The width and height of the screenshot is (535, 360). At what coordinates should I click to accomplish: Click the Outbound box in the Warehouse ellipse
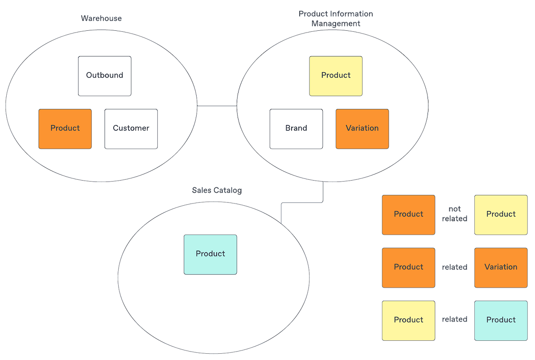pyautogui.click(x=105, y=76)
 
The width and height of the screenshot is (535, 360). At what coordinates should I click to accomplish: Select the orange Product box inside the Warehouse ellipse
pyautogui.click(x=65, y=128)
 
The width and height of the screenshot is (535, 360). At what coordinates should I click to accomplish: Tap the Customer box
pyautogui.click(x=131, y=128)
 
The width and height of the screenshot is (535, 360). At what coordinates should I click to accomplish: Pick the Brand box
pyautogui.click(x=296, y=128)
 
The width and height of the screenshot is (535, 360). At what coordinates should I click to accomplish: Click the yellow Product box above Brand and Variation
pyautogui.click(x=336, y=76)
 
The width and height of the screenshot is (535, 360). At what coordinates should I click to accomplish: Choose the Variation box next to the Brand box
pyautogui.click(x=362, y=128)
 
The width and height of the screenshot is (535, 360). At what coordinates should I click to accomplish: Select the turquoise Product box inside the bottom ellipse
pyautogui.click(x=210, y=254)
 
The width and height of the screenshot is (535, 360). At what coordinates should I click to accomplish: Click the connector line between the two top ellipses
pyautogui.click(x=217, y=107)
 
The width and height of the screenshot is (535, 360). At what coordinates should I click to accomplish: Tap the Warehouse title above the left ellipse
pyautogui.click(x=101, y=19)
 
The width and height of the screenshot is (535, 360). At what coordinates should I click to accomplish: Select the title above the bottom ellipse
pyautogui.click(x=217, y=190)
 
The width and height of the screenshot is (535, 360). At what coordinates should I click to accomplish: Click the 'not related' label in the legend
pyautogui.click(x=455, y=214)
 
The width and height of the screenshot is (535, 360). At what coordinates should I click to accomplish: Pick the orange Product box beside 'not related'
pyautogui.click(x=408, y=215)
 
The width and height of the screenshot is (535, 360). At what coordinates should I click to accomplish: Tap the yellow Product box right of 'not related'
pyautogui.click(x=501, y=215)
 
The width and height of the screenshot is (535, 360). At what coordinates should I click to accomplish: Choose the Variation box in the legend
pyautogui.click(x=501, y=267)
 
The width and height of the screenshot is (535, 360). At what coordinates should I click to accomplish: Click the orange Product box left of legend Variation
pyautogui.click(x=408, y=267)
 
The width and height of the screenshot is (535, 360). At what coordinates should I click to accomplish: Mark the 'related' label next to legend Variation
pyautogui.click(x=455, y=267)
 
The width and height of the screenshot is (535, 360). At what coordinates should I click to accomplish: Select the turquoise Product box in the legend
pyautogui.click(x=501, y=320)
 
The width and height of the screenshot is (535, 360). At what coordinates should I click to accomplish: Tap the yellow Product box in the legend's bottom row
pyautogui.click(x=408, y=320)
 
